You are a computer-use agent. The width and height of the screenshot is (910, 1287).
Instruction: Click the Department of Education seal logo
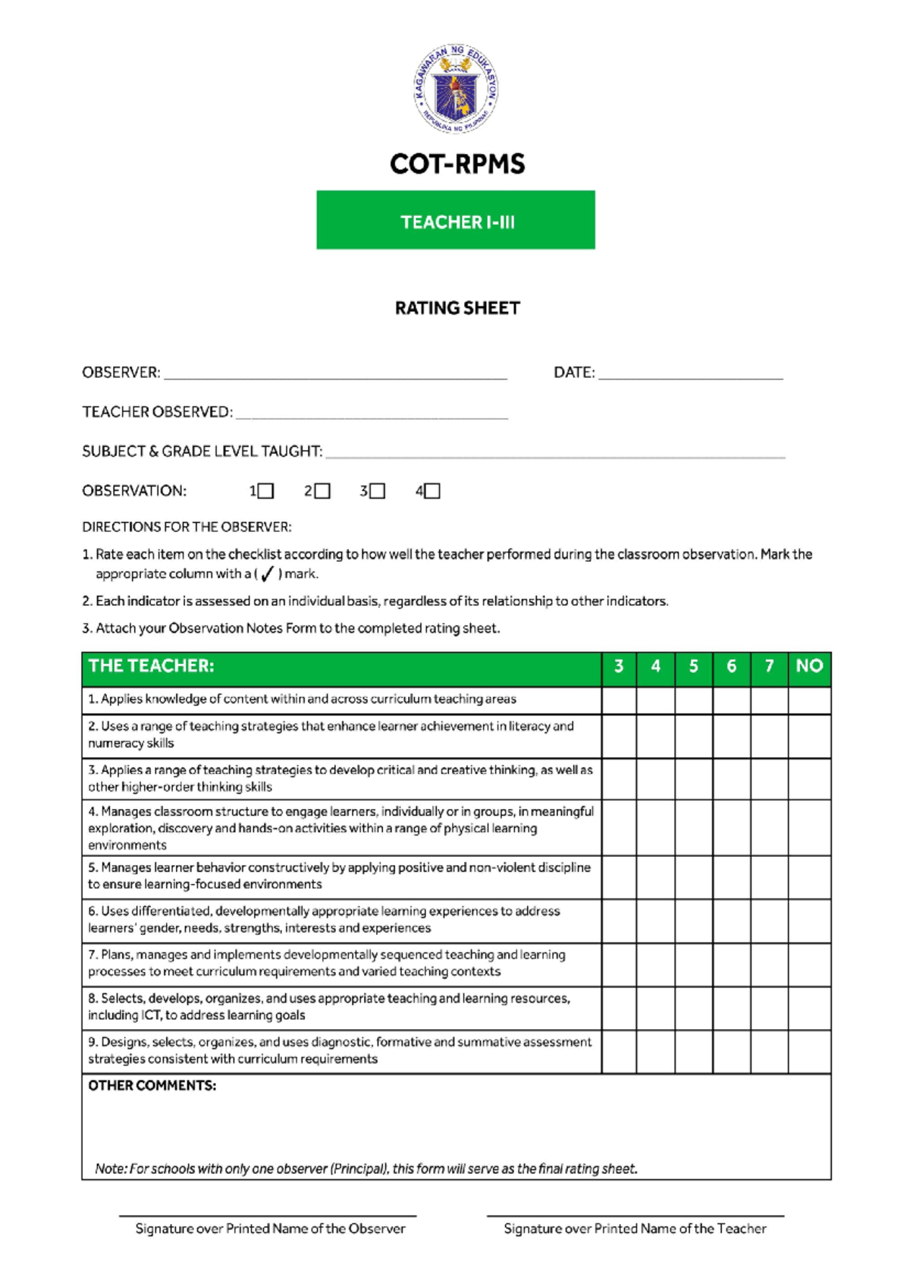[x=456, y=88]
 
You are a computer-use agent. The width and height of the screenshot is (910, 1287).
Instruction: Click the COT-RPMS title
[x=457, y=164]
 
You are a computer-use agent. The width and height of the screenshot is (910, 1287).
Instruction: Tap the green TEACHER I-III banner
[x=456, y=220]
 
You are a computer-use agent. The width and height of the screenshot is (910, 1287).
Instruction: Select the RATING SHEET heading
[x=457, y=308]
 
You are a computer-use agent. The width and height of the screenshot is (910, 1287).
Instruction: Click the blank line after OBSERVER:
[x=335, y=374]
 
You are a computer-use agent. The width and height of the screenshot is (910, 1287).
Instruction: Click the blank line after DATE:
[x=690, y=374]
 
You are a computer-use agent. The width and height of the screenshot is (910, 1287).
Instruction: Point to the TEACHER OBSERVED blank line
[x=371, y=414]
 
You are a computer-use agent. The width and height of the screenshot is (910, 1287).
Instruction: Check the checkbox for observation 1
[x=265, y=491]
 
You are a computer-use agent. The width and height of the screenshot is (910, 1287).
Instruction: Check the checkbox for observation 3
[x=377, y=491]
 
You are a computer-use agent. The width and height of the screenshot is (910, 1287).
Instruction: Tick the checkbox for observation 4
[x=432, y=491]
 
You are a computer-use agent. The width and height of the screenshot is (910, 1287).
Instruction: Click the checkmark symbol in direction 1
[x=267, y=574]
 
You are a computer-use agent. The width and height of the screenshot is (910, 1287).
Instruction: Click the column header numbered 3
[x=619, y=666]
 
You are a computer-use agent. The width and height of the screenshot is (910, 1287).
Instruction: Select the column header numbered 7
[x=769, y=666]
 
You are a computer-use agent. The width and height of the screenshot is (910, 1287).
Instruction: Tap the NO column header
[x=809, y=666]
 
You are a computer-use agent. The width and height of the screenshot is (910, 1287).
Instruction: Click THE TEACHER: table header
[x=152, y=666]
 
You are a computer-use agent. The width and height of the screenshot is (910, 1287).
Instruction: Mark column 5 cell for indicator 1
[x=693, y=700]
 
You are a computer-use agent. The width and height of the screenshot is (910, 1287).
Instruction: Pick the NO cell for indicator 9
[x=809, y=1050]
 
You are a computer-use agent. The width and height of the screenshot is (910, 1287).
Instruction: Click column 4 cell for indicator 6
[x=655, y=920]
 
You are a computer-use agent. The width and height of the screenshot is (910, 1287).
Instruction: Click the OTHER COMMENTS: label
[x=152, y=1086]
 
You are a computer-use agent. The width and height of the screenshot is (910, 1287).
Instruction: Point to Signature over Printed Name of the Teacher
[x=635, y=1229]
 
